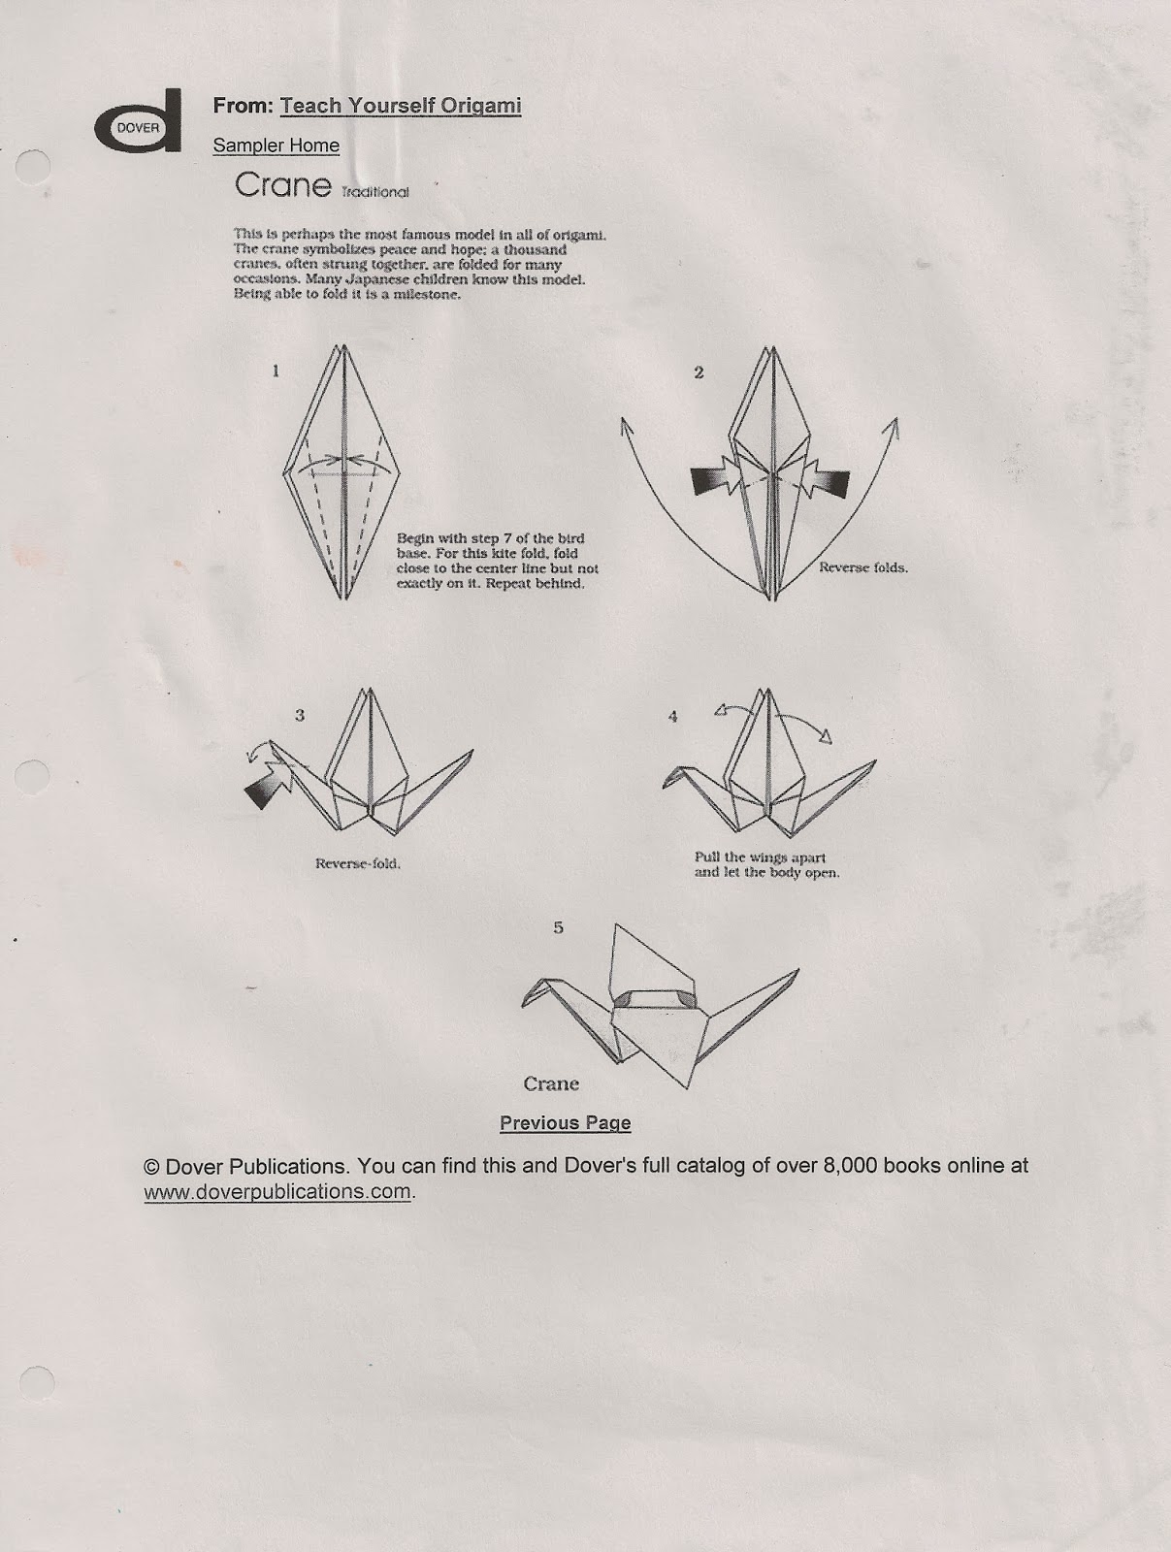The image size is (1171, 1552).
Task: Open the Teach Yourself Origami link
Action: tap(400, 106)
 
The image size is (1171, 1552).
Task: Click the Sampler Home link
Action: tap(276, 145)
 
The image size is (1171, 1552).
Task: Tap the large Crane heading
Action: tap(283, 185)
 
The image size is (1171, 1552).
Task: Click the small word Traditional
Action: tap(374, 192)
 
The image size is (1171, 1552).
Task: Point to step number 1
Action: tap(276, 370)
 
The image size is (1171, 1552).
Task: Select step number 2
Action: tap(699, 372)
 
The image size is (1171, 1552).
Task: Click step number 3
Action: tap(300, 715)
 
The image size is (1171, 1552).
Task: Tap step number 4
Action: tap(672, 717)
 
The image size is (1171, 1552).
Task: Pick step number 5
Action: tap(558, 927)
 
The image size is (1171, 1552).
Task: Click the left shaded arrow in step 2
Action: tap(715, 480)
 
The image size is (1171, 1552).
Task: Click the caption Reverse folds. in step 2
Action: tap(862, 567)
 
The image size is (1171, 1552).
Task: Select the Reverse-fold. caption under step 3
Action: tap(357, 863)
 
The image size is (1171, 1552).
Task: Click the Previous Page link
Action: tap(565, 1123)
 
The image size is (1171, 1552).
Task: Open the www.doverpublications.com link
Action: tap(277, 1192)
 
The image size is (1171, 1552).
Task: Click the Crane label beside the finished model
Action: tap(551, 1083)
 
